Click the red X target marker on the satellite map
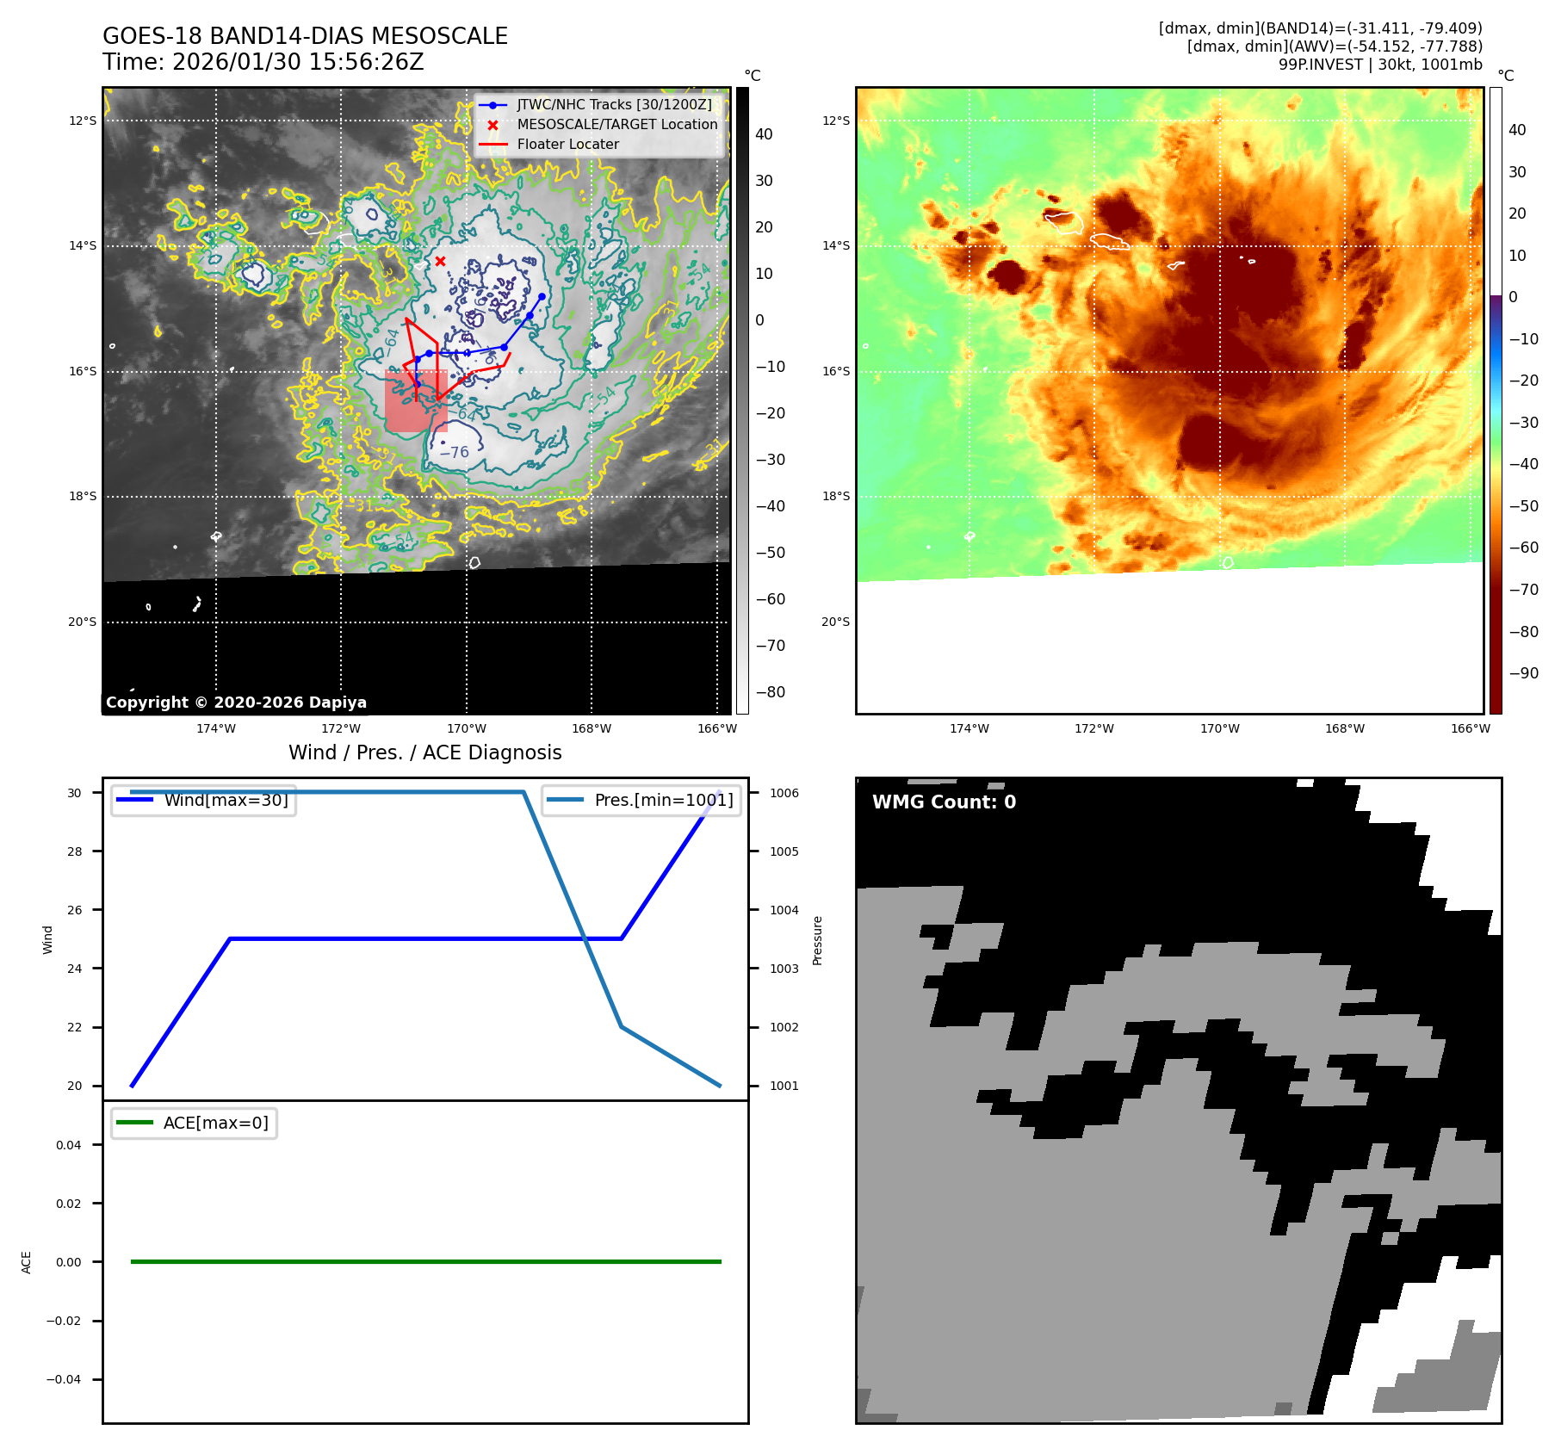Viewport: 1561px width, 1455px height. [x=440, y=261]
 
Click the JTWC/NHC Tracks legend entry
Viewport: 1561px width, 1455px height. [x=614, y=105]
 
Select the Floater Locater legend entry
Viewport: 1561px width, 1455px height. [x=567, y=145]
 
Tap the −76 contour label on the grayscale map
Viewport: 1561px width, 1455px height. [x=455, y=452]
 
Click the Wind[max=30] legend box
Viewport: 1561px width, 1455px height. [x=204, y=800]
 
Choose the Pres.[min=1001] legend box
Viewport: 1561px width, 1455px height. [x=641, y=800]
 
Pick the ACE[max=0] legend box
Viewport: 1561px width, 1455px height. [x=195, y=1123]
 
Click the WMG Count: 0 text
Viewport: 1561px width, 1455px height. [x=944, y=802]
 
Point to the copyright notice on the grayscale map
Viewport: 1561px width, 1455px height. [x=236, y=703]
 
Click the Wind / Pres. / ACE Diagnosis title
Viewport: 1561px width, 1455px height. [x=424, y=752]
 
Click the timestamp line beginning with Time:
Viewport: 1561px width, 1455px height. [x=263, y=62]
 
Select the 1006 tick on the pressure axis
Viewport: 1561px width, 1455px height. [x=784, y=793]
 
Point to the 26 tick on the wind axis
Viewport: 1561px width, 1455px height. [x=75, y=910]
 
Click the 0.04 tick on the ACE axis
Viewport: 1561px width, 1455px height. [x=69, y=1145]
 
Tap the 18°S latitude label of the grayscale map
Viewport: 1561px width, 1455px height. [x=83, y=497]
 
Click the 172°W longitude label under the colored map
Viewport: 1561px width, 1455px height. [x=1093, y=728]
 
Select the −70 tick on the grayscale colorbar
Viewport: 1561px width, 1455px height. [x=770, y=646]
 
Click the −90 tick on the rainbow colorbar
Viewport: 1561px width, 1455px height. [x=1523, y=673]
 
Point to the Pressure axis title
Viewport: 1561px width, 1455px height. [x=817, y=940]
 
